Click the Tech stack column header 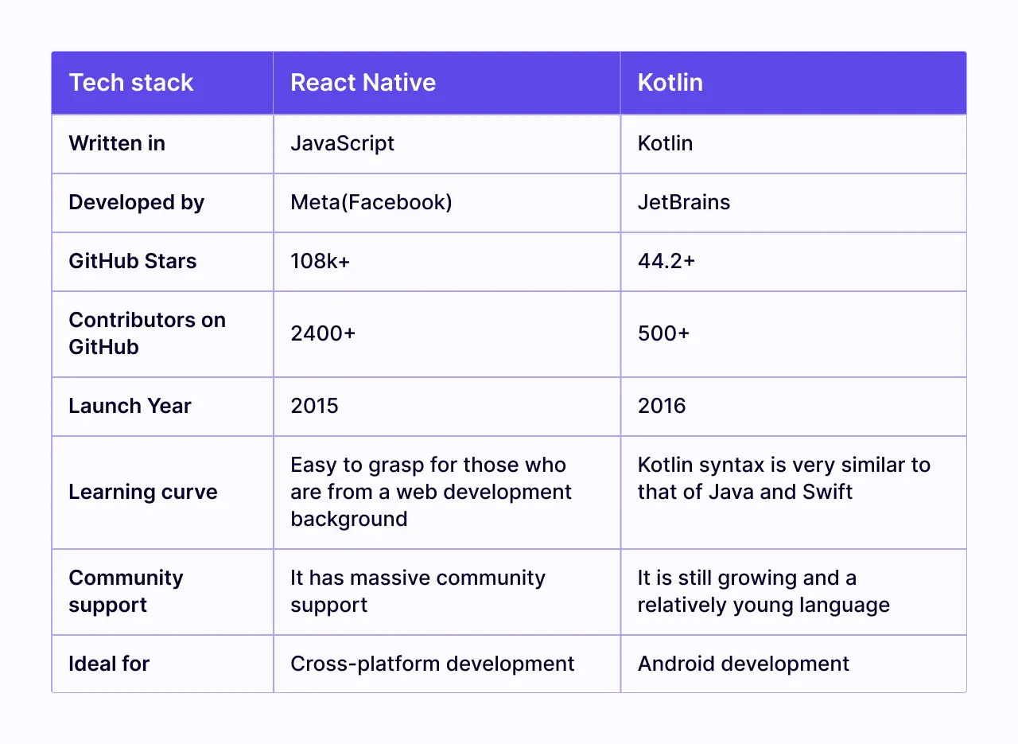131,83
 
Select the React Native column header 363,83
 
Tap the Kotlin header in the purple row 670,83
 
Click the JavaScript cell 342,143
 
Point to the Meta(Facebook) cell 371,202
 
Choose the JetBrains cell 683,202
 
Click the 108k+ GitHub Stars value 320,261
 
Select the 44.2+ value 666,261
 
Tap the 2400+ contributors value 323,333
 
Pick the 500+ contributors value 663,333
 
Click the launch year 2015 314,406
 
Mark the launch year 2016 661,406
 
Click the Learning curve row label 143,492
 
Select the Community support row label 126,591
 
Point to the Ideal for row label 109,664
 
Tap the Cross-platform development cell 432,664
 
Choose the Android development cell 743,664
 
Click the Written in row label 117,143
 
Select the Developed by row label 136,202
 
